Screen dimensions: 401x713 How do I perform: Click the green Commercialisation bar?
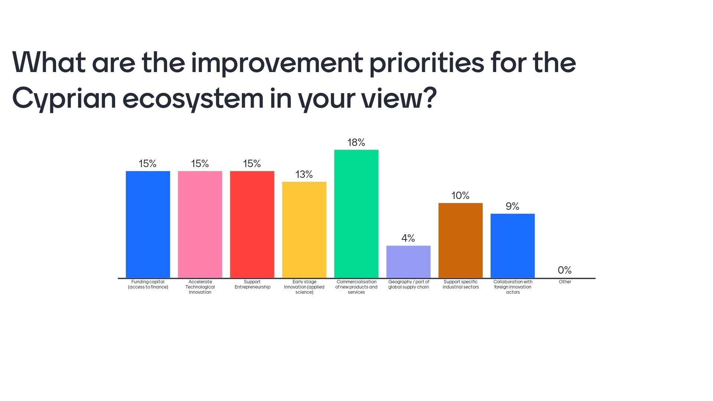356,213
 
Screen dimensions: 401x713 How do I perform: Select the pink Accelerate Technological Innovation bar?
200,224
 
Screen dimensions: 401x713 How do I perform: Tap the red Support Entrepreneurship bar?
252,224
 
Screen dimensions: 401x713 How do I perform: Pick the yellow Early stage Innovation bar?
304,229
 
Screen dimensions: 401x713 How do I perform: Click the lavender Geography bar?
408,261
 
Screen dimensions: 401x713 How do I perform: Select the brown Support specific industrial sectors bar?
460,240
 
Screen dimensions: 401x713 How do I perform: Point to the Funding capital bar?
148,224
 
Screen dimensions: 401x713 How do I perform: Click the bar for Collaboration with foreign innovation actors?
512,245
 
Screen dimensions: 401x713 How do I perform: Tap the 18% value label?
356,143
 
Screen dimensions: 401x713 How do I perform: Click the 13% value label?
304,175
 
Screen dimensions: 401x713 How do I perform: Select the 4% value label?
408,238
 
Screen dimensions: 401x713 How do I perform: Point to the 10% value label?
460,196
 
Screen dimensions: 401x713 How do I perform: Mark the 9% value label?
512,206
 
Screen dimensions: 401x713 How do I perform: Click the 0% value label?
564,270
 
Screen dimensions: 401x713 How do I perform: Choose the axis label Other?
565,282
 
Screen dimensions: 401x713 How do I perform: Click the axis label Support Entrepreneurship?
252,284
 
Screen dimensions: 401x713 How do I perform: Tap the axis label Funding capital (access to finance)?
148,284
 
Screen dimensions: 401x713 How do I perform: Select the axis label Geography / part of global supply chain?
408,284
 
